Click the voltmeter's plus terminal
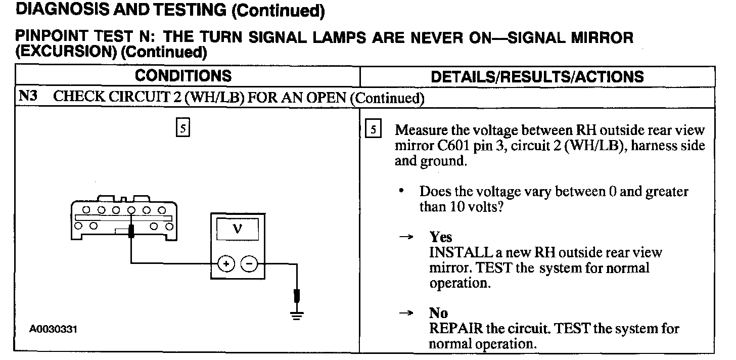pyautogui.click(x=226, y=263)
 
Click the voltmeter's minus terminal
pyautogui.click(x=249, y=263)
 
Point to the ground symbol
pyautogui.click(x=297, y=315)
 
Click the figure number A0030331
pyautogui.click(x=54, y=329)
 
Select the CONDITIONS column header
pyautogui.click(x=183, y=76)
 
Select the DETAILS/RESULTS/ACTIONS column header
pyautogui.click(x=537, y=76)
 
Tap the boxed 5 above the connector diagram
pyautogui.click(x=182, y=128)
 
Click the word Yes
pyautogui.click(x=440, y=237)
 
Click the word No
pyautogui.click(x=438, y=313)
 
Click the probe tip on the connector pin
pyautogui.click(x=131, y=232)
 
